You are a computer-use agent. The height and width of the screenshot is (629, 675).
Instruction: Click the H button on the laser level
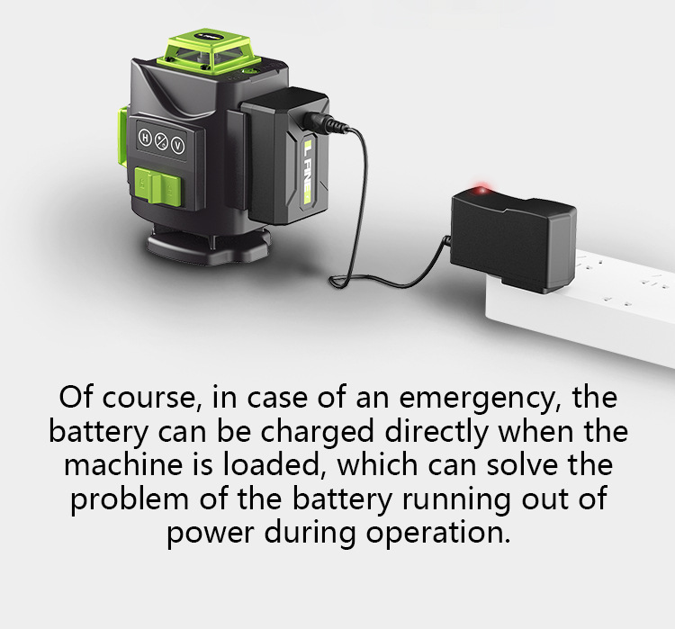pyautogui.click(x=145, y=138)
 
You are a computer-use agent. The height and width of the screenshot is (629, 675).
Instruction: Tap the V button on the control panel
pyautogui.click(x=178, y=146)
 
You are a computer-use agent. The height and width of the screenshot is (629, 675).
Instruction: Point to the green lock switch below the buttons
pyautogui.click(x=158, y=186)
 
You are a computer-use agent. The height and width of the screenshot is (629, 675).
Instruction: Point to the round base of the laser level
pyautogui.click(x=210, y=247)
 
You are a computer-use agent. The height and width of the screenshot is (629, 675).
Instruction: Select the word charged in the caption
pyautogui.click(x=318, y=432)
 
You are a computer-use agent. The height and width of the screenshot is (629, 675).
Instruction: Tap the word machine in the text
pyautogui.click(x=122, y=465)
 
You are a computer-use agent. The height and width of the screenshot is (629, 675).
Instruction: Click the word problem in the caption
pyautogui.click(x=130, y=500)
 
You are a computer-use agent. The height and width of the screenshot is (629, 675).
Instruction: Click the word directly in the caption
pyautogui.click(x=436, y=432)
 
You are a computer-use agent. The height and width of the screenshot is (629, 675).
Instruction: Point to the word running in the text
pyautogui.click(x=456, y=500)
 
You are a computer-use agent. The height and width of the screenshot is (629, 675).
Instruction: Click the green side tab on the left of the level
pyautogui.click(x=122, y=135)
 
